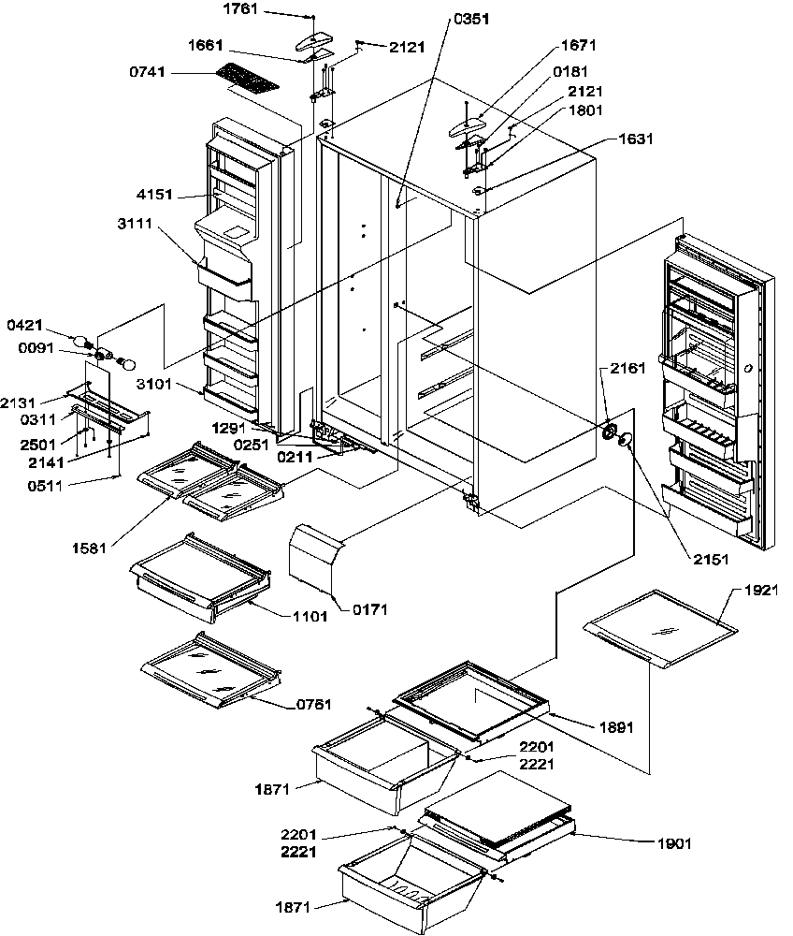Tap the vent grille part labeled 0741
248,80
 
